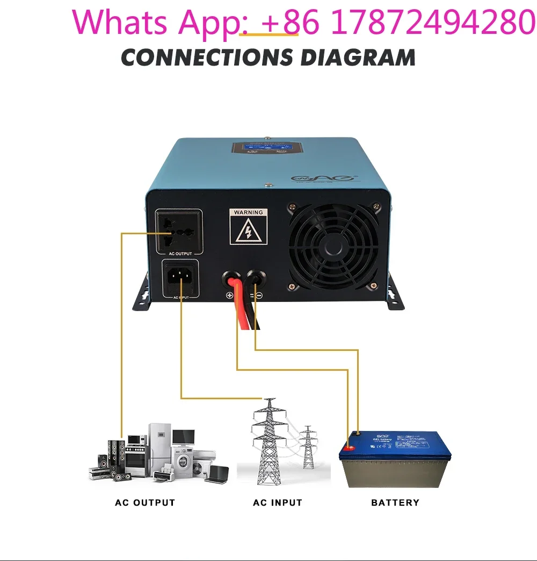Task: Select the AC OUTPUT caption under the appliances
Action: (145, 503)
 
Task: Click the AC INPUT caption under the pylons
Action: (278, 503)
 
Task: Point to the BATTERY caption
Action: (395, 503)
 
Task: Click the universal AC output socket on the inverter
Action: (179, 232)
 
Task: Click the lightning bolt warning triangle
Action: (248, 231)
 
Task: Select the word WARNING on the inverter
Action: (248, 212)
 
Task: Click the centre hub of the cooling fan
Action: (337, 243)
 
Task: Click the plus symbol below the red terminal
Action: (230, 295)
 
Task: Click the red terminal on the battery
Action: (350, 447)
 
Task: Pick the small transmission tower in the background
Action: (308, 446)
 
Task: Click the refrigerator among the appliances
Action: (159, 446)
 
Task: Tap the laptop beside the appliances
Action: (217, 473)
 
